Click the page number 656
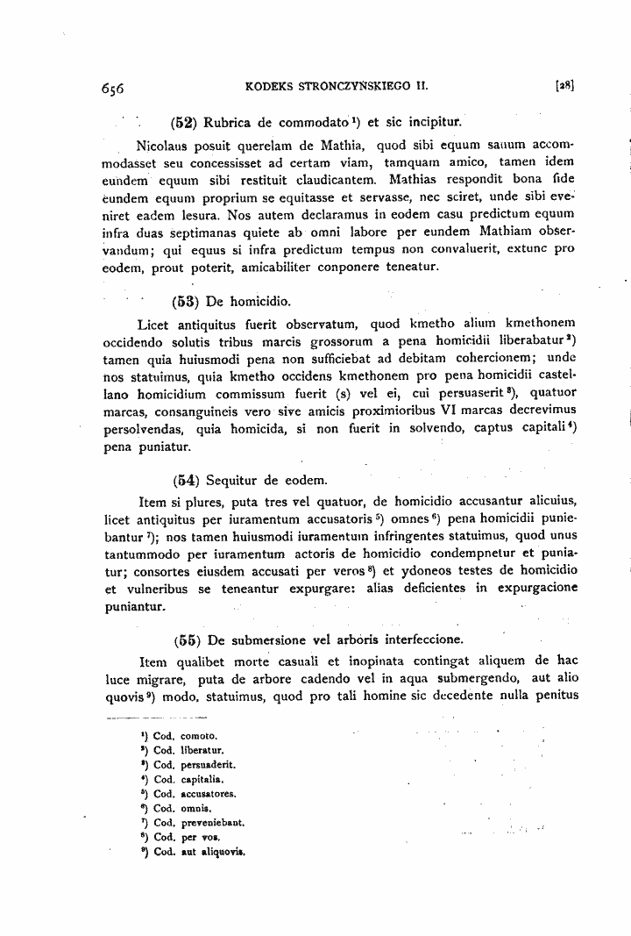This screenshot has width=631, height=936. point(113,88)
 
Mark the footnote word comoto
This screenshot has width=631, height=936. point(199,736)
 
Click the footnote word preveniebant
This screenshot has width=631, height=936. point(212,823)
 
